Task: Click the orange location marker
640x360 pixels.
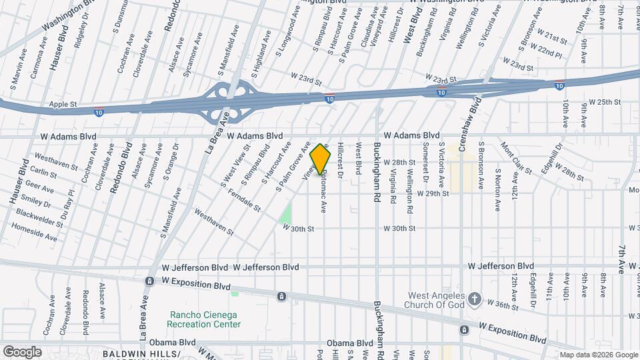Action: point(321,159)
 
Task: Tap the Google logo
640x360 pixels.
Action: point(22,351)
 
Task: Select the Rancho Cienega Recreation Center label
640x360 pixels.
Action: point(205,319)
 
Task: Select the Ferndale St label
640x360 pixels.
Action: point(243,199)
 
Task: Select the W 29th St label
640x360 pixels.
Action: point(433,193)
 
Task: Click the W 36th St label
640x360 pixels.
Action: point(502,304)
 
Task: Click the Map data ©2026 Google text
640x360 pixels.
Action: point(598,355)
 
